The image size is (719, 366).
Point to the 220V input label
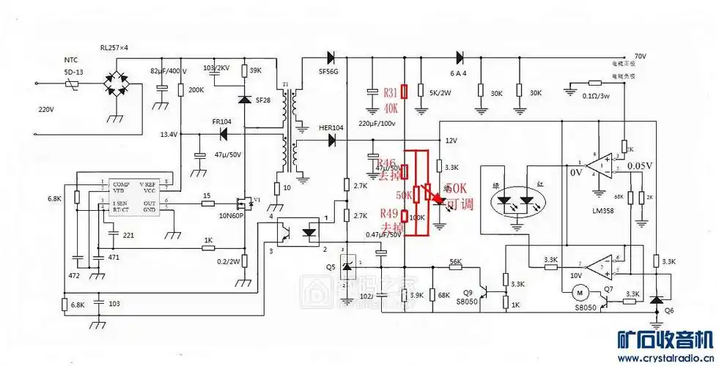(47, 109)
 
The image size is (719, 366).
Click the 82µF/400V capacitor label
(168, 71)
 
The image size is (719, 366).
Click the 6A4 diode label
(460, 73)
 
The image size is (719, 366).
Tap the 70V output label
(639, 56)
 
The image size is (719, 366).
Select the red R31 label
(391, 92)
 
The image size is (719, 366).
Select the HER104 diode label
(331, 127)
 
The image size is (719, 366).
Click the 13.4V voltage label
(169, 134)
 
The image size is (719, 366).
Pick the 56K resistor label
(455, 261)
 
